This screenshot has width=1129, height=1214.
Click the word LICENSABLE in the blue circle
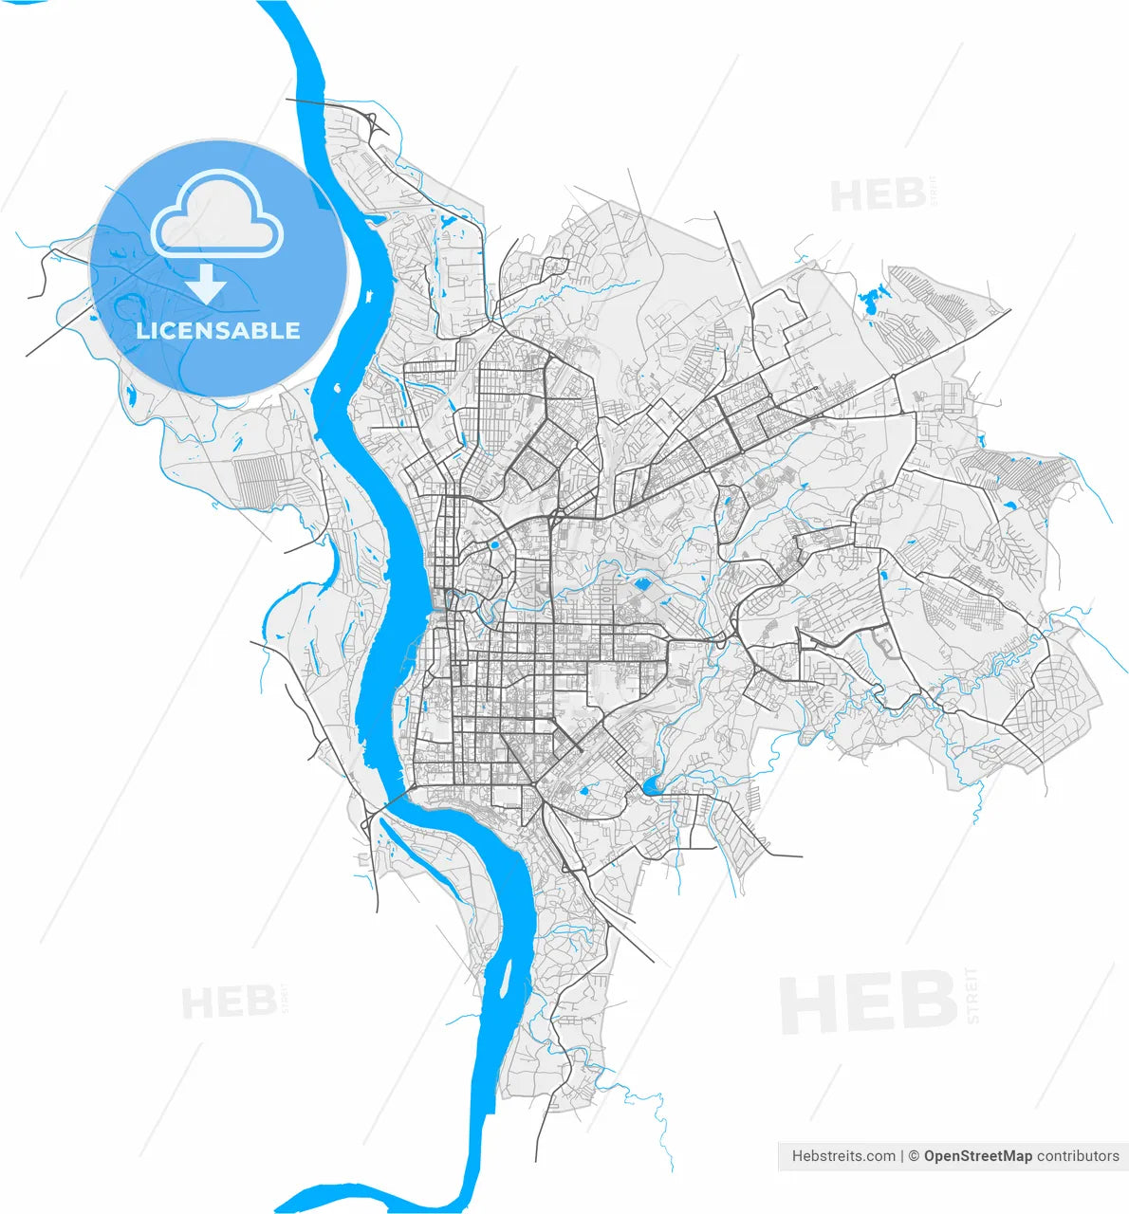[218, 331]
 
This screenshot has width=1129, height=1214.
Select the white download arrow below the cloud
[206, 284]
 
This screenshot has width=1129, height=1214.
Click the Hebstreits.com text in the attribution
[843, 1156]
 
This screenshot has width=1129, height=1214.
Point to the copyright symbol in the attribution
[914, 1156]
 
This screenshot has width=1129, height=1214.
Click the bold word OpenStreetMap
[977, 1156]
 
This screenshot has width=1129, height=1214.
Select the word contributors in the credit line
[1078, 1156]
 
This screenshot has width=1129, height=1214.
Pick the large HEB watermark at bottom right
[868, 1003]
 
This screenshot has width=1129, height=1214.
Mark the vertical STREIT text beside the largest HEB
[971, 996]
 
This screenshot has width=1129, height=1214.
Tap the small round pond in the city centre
[494, 545]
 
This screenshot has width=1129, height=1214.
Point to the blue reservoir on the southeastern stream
[653, 785]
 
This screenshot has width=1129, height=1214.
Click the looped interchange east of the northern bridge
[372, 123]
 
